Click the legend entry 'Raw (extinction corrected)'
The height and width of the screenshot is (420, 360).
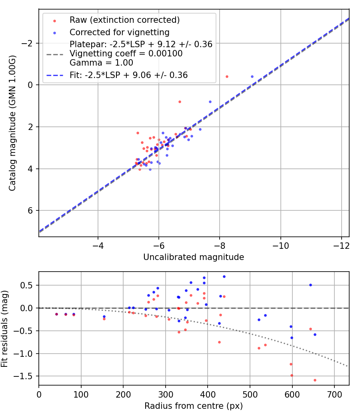[x=124, y=20]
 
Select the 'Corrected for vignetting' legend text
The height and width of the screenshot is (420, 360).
[x=119, y=32]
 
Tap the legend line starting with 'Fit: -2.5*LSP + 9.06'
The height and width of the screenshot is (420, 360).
[x=128, y=75]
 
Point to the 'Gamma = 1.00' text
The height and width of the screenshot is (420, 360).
[x=101, y=63]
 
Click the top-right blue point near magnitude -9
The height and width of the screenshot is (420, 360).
[x=252, y=76]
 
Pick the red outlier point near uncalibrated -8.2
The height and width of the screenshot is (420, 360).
[x=227, y=76]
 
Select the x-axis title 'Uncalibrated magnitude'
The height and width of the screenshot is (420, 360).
[x=194, y=257]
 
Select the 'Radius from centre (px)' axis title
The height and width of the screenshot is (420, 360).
[x=194, y=406]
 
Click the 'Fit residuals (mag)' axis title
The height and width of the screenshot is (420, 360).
[x=5, y=328]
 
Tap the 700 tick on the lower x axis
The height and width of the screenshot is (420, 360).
[x=334, y=394]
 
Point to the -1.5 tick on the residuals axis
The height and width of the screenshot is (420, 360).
[x=26, y=376]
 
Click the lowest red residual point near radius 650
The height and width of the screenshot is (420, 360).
[x=315, y=380]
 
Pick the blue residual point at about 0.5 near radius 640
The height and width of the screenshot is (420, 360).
[x=310, y=285]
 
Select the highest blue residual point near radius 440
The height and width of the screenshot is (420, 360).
[x=224, y=276]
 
